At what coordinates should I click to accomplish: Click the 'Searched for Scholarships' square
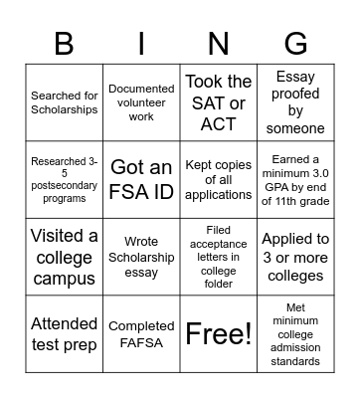[65, 101]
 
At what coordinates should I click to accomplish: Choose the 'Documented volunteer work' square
[141, 101]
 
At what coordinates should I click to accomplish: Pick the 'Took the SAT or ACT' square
[219, 101]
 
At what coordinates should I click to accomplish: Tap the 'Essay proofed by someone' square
[295, 101]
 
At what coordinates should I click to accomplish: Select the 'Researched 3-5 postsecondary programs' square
[65, 178]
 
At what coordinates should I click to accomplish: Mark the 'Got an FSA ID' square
[141, 178]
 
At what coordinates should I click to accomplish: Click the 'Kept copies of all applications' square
[219, 178]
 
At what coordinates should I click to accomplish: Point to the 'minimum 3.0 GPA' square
[295, 178]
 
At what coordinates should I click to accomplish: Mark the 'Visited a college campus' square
[65, 256]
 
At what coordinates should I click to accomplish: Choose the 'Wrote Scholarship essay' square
[141, 256]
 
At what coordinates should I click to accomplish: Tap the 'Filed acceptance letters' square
[219, 256]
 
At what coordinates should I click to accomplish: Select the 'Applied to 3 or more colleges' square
[295, 256]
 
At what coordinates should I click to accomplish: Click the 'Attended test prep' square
[65, 333]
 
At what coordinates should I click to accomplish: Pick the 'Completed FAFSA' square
[141, 333]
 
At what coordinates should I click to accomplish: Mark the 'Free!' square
[219, 333]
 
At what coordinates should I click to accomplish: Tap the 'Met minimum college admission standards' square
[295, 333]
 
